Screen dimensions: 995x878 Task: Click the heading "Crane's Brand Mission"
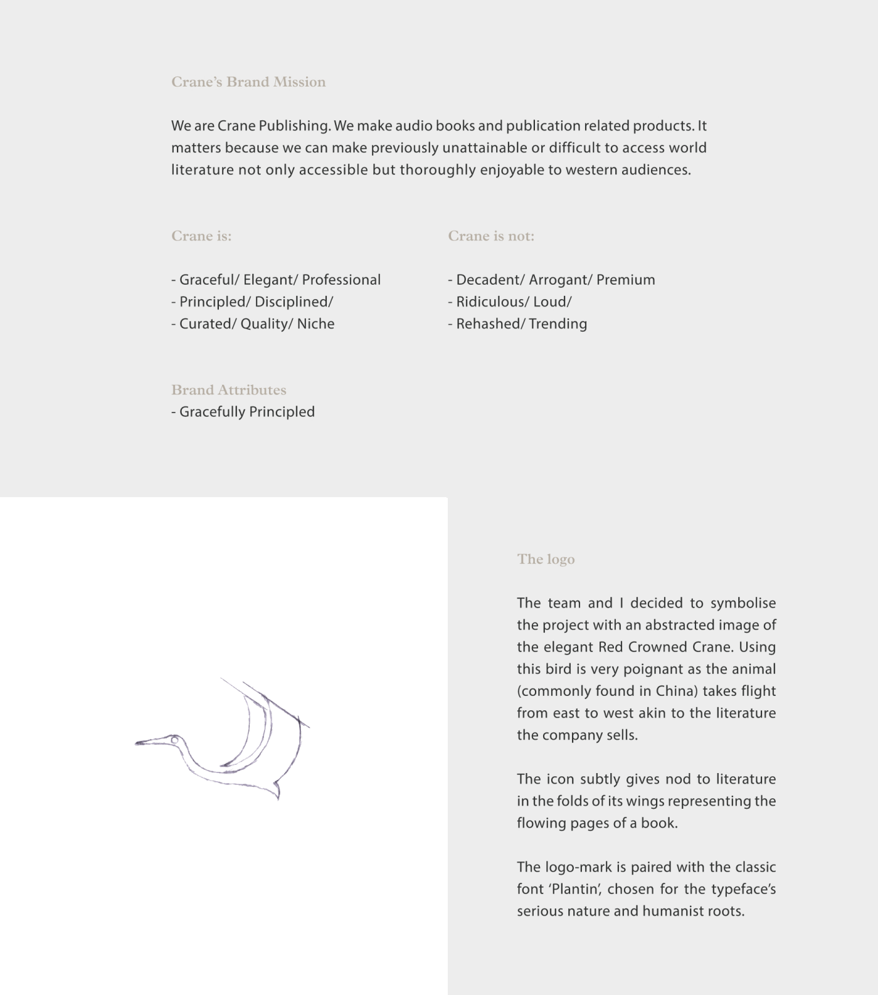tap(248, 82)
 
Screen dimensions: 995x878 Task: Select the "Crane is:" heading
tap(201, 236)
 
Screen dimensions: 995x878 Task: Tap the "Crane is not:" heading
tap(491, 236)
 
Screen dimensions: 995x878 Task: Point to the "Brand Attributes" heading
tap(228, 390)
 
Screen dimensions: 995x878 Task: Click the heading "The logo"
tap(546, 559)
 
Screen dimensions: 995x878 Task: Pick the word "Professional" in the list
tap(341, 280)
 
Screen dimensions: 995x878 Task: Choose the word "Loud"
tap(550, 302)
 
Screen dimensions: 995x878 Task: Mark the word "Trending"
tap(558, 324)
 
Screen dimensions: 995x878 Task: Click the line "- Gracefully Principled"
tap(243, 412)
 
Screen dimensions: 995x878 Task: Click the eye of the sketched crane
tap(175, 740)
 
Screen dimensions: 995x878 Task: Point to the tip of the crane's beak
tap(137, 744)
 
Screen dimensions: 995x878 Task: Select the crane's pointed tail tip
tap(278, 799)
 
